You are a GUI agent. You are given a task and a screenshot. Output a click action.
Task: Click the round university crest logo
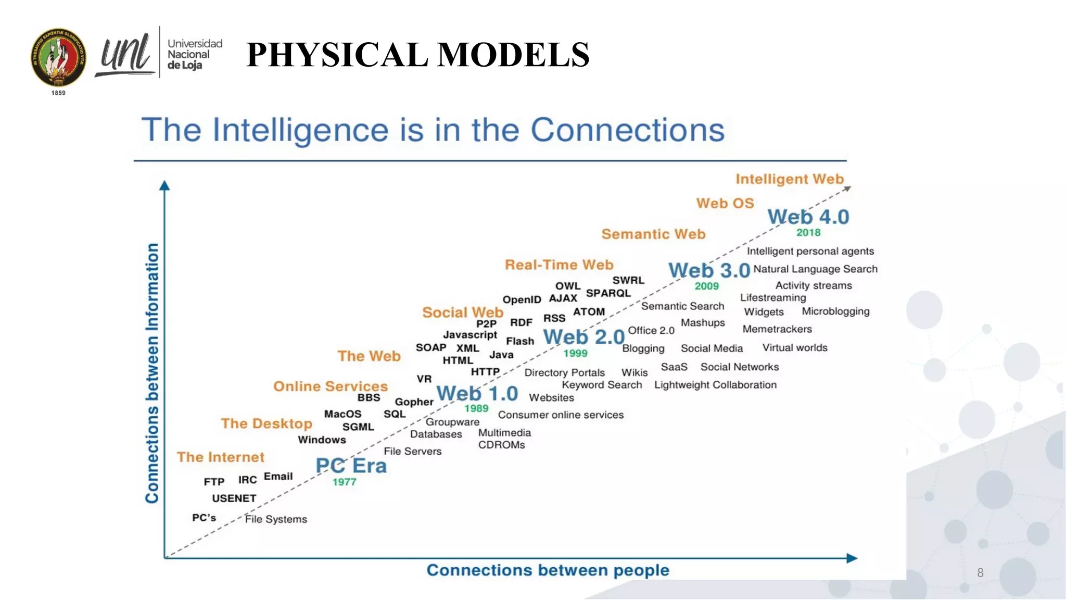(x=58, y=58)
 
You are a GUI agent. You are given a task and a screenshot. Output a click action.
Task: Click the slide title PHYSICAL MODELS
(x=417, y=55)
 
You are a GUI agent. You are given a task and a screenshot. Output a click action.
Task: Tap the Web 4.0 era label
(x=808, y=217)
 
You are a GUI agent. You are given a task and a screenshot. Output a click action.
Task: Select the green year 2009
(x=706, y=286)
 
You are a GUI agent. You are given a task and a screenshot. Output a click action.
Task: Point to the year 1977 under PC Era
(x=344, y=482)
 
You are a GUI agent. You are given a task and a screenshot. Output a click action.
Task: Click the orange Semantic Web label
(x=653, y=234)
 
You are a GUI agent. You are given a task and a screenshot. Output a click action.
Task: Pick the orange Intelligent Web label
(x=789, y=179)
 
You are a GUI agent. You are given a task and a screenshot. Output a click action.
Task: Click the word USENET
(x=234, y=498)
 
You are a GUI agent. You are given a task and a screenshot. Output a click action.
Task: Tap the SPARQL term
(x=608, y=293)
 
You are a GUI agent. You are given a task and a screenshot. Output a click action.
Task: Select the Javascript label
(x=469, y=335)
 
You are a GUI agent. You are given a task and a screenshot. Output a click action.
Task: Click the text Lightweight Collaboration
(x=715, y=385)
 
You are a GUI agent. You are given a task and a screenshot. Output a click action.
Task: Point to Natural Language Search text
(x=815, y=269)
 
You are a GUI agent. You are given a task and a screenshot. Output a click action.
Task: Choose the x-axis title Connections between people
(x=548, y=570)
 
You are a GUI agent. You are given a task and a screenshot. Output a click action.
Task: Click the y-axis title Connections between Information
(x=151, y=373)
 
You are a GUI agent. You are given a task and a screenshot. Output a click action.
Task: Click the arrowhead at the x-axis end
(x=852, y=558)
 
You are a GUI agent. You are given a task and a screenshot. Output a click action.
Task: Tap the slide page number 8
(x=980, y=573)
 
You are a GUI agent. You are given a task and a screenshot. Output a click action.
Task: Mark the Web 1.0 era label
(x=477, y=393)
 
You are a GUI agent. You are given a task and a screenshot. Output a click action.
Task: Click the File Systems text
(x=276, y=519)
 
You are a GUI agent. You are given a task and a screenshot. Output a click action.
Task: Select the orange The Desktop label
(x=266, y=423)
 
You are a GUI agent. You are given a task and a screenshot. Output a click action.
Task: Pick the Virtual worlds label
(x=794, y=348)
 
